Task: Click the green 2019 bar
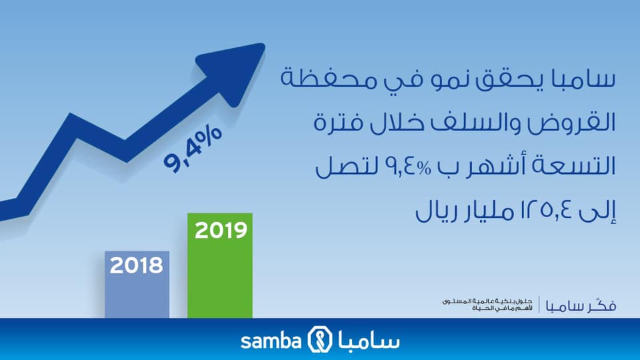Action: point(220,265)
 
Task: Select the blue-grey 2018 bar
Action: point(137,285)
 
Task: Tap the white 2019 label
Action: point(221,230)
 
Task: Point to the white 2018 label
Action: point(136,265)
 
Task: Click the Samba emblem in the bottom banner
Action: point(319,339)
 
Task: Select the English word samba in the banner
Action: point(271,341)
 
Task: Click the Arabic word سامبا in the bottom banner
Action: point(369,339)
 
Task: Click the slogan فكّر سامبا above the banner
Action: point(581,305)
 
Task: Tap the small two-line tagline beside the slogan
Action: point(488,305)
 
